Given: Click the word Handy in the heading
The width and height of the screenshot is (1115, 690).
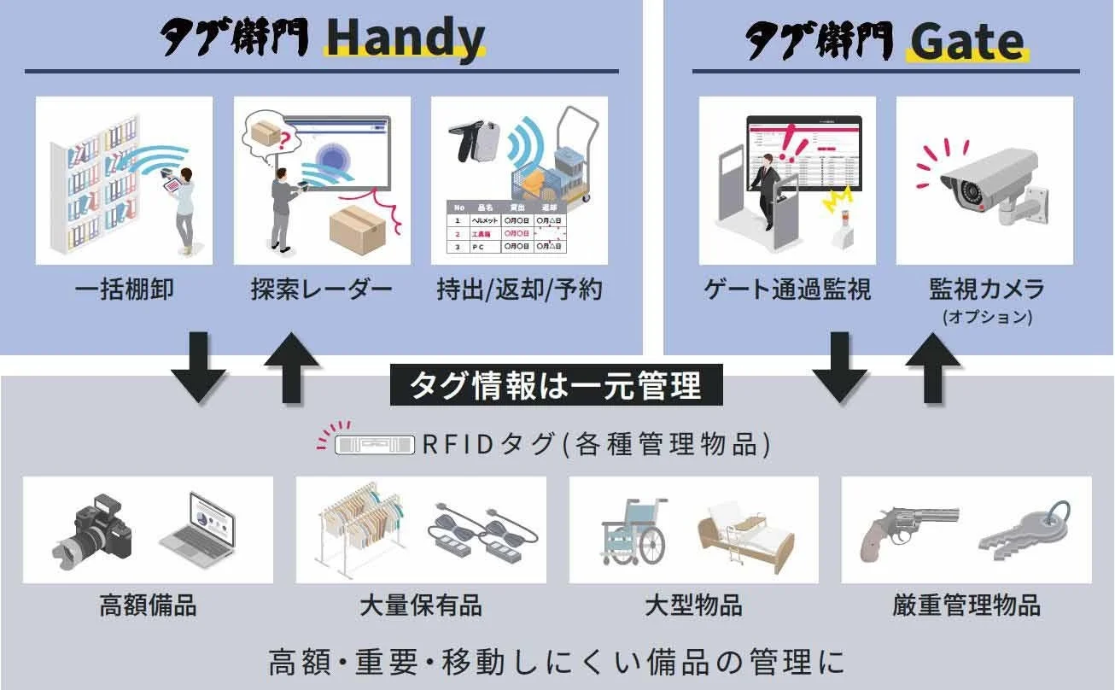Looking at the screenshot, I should (405, 38).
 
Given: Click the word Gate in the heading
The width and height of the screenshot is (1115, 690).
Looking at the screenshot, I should (966, 40).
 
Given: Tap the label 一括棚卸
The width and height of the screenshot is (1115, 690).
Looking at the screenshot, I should (124, 289).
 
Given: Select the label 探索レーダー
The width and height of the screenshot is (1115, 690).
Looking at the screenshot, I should (322, 289).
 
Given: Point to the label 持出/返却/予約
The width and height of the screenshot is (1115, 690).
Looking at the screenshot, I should (519, 289).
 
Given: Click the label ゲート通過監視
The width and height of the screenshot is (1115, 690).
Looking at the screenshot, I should (787, 289).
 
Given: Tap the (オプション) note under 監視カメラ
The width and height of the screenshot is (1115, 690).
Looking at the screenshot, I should (987, 317).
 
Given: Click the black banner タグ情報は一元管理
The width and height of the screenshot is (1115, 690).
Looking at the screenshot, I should (557, 385).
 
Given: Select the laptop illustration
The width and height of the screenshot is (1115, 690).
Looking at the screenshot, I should (197, 523).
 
